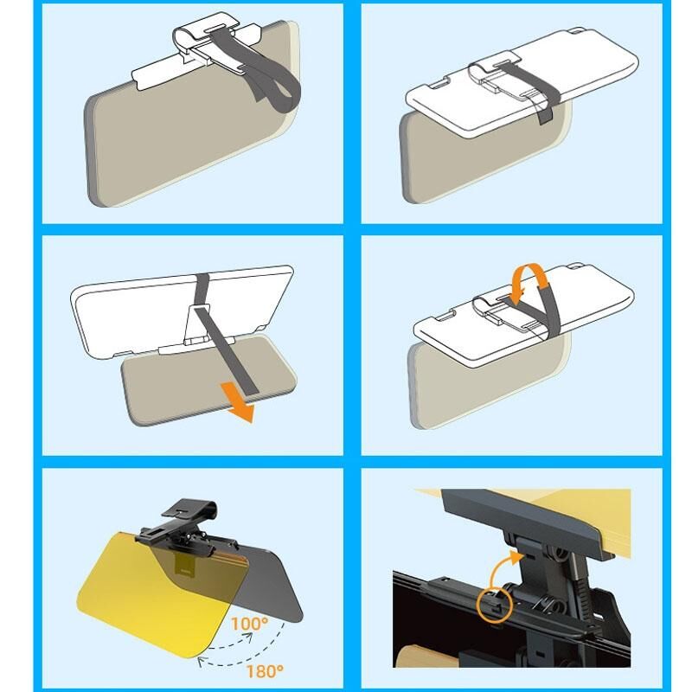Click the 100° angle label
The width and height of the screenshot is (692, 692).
(249, 623)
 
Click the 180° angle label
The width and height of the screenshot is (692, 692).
(265, 671)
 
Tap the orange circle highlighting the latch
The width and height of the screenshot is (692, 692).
(495, 605)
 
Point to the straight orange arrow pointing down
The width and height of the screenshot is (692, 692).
(239, 401)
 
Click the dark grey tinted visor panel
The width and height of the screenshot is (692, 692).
(265, 582)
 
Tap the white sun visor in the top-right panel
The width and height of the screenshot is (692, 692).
(521, 81)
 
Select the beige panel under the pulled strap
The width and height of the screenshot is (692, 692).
(208, 380)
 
